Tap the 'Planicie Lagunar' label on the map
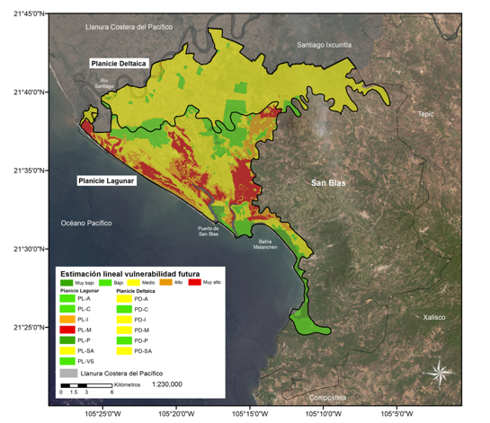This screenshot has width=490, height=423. coord(100,181)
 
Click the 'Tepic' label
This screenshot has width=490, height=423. coord(426,114)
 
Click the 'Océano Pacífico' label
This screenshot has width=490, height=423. coord(90,223)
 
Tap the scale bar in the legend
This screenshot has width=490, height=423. coord(86,384)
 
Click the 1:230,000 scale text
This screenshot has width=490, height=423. coord(167,383)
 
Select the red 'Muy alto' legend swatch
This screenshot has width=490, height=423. coord(195,283)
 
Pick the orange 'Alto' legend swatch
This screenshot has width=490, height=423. coord(167,283)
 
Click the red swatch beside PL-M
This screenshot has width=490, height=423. coord(67,330)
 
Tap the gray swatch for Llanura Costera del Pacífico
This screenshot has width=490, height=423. coord(67,372)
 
